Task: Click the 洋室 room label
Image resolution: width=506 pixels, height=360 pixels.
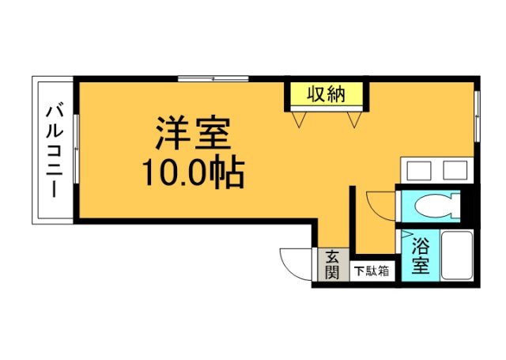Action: [x=192, y=135]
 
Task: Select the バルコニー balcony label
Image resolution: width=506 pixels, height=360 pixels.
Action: [x=53, y=150]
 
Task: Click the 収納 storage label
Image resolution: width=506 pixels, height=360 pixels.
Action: [x=326, y=95]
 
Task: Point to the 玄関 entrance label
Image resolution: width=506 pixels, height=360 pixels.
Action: [x=332, y=264]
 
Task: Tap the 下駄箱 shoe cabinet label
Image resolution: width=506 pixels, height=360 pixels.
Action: [x=371, y=271]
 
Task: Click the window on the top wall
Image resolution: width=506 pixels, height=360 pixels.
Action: [x=213, y=78]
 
